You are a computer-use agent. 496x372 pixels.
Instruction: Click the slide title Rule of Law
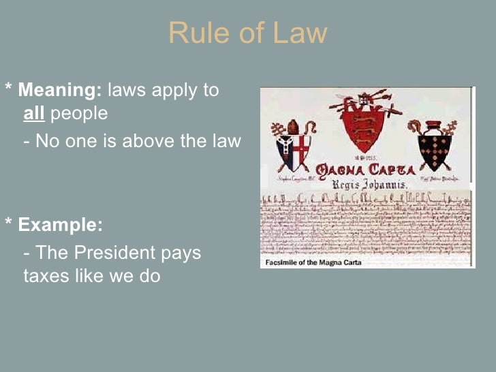(x=247, y=33)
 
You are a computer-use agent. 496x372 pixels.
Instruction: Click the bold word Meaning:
(x=60, y=90)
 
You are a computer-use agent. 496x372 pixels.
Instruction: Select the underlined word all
(x=33, y=113)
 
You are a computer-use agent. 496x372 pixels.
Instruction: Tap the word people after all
(x=79, y=114)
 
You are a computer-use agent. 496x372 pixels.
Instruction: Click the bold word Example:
(x=60, y=225)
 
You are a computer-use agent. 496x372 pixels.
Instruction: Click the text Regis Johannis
(x=369, y=183)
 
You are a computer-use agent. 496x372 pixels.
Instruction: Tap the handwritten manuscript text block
(x=365, y=221)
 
